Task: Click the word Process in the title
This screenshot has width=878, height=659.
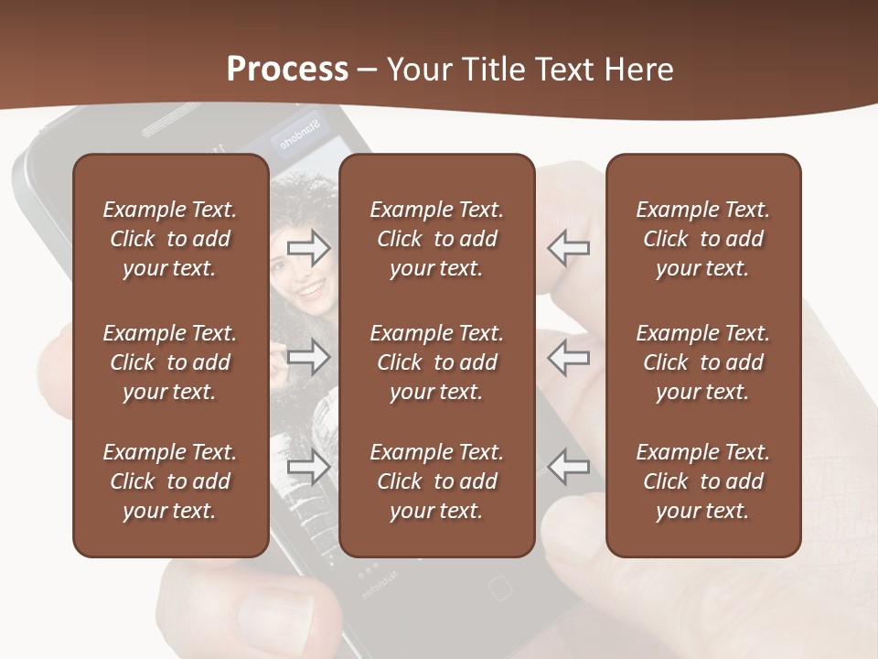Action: [287, 69]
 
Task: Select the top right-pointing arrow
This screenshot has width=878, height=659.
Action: [309, 247]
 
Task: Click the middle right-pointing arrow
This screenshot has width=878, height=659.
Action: [309, 357]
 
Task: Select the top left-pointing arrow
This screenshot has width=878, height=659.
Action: [569, 247]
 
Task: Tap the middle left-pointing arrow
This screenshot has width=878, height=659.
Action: [569, 357]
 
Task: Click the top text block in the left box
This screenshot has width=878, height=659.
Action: [170, 239]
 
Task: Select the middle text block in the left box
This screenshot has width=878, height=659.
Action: [170, 362]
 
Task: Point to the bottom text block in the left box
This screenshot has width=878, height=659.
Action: [170, 481]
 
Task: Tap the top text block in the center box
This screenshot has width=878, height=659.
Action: [436, 239]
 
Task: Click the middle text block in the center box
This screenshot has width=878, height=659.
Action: [436, 362]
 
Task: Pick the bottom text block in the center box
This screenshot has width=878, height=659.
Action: [436, 481]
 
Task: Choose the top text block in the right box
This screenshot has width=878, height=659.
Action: [702, 239]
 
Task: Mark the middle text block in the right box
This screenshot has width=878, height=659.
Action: [702, 362]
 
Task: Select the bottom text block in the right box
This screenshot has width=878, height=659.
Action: [702, 481]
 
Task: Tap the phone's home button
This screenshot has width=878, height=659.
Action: [499, 587]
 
